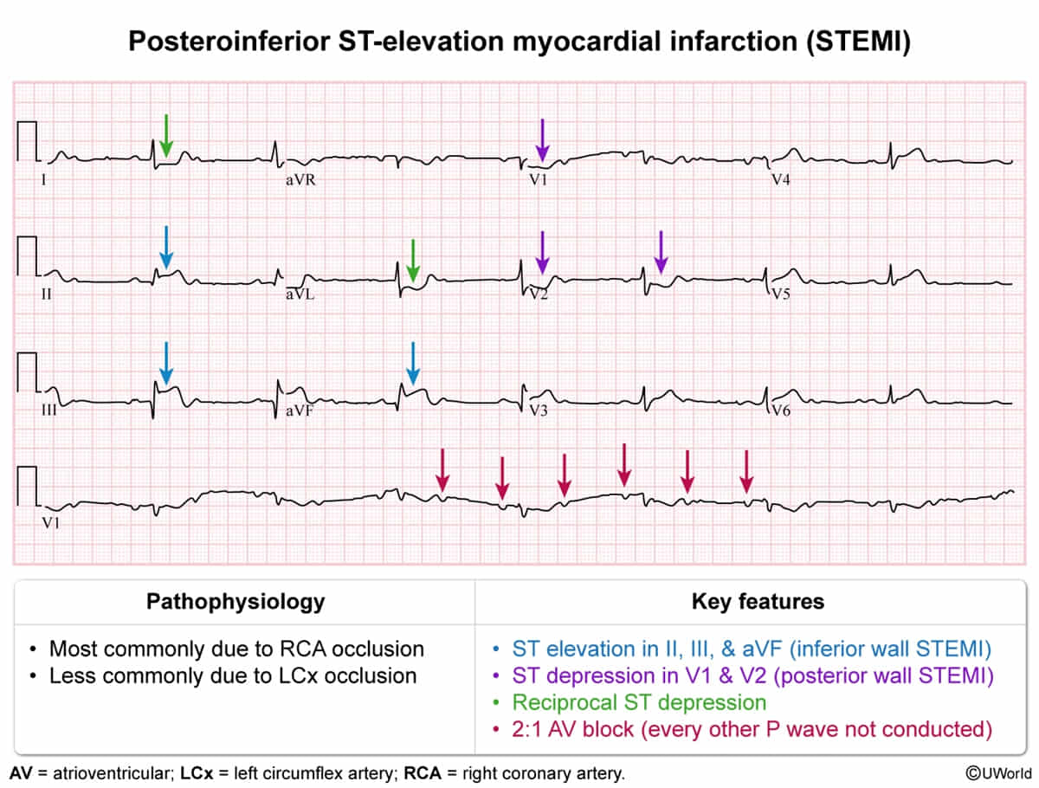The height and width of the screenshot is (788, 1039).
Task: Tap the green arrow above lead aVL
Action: coord(413,261)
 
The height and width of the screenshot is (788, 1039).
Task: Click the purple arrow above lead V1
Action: coord(541,139)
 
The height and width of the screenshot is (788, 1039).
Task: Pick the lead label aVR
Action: coord(300,180)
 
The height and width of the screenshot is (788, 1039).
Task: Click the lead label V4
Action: coord(781,180)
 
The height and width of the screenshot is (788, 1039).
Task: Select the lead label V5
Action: coord(781,294)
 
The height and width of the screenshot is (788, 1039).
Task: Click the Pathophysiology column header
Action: coord(236,601)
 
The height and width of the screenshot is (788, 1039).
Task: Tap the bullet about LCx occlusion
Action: coord(232,675)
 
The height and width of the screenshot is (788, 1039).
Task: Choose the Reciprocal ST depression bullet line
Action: coord(639,702)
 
